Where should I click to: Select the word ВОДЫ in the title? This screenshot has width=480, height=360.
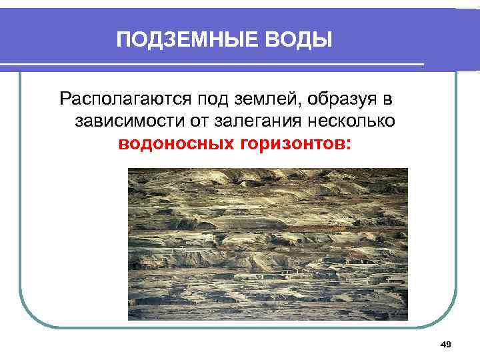click(298, 41)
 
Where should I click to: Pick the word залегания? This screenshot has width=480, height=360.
click(265, 122)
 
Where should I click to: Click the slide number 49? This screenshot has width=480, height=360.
click(447, 344)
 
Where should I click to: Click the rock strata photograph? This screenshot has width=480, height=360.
click(267, 244)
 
